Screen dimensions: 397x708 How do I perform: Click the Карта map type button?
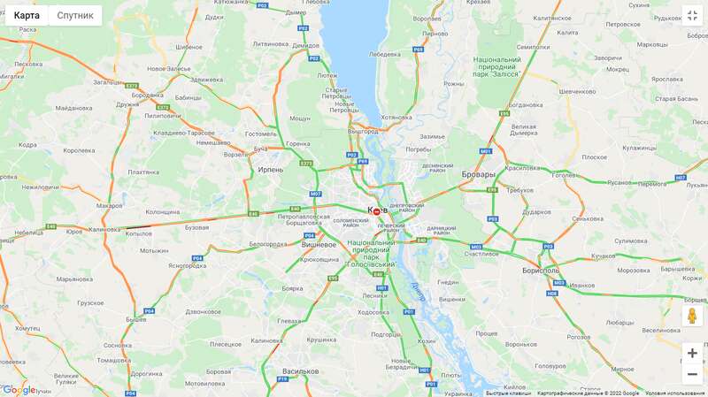[x=27, y=15]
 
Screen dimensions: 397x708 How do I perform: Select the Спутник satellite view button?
[x=75, y=15]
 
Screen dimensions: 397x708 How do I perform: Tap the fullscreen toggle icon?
[x=692, y=16]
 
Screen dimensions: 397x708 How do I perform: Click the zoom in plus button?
[x=692, y=353]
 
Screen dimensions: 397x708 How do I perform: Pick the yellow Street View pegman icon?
[x=692, y=316]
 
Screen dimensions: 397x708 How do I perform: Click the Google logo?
[x=19, y=389]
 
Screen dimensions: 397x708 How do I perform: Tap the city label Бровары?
[x=479, y=174]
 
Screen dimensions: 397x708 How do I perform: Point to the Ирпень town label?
[x=270, y=169]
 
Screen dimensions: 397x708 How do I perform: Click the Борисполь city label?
[x=541, y=270]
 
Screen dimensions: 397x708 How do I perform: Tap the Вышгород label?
[x=363, y=131]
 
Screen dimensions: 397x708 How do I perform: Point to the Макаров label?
[x=110, y=205]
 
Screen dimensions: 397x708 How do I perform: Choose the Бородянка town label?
[x=147, y=95]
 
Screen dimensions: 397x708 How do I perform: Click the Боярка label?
[x=292, y=288]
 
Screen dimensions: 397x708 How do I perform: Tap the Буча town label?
[x=260, y=149]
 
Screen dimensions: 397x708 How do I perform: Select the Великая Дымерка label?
[x=524, y=130]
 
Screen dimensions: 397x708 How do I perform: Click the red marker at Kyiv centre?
[x=377, y=211]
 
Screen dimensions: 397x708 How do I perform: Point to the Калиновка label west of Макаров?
[x=104, y=229]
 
